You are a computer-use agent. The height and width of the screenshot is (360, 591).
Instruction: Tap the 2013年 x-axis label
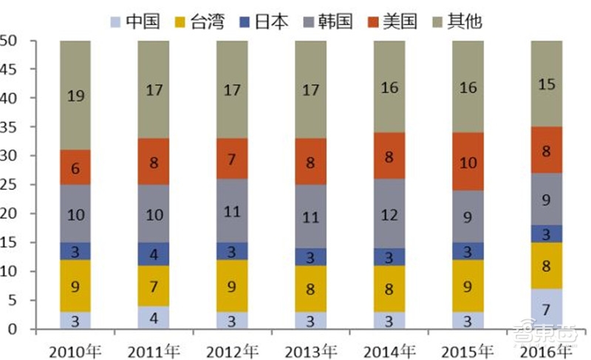[310, 347]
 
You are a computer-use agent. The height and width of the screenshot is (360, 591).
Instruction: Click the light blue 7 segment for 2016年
[546, 309]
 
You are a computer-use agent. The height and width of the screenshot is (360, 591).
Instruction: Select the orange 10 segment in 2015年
[468, 162]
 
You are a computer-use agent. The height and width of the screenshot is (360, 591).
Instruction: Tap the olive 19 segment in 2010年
[75, 95]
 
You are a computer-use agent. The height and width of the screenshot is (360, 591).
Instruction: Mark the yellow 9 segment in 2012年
[232, 286]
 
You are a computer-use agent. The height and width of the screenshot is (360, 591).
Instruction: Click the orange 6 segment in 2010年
[75, 168]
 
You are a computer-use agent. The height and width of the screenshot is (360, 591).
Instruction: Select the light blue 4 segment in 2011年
[154, 318]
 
